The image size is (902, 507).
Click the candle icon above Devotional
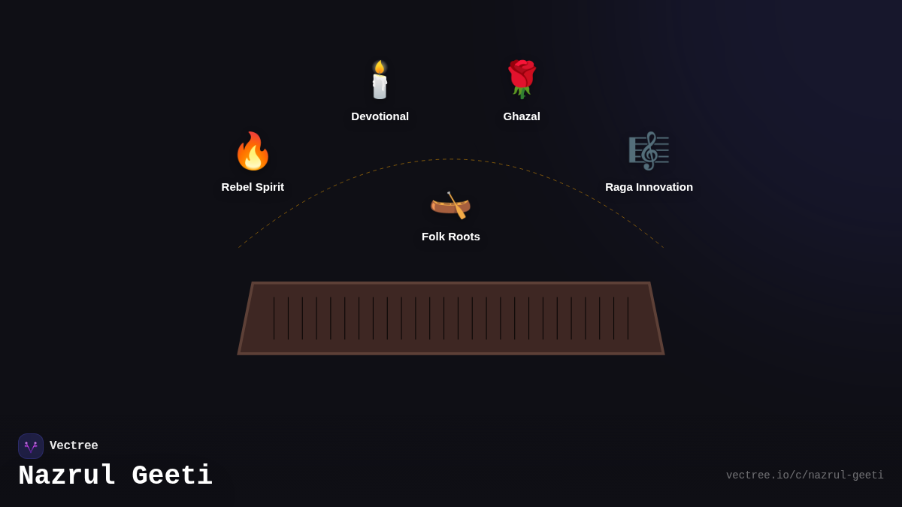tap(380, 80)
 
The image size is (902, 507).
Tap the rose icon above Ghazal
tap(522, 78)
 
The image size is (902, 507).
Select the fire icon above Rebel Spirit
tap(253, 151)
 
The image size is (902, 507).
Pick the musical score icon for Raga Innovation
tap(649, 151)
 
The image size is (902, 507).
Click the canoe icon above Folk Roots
tap(450, 204)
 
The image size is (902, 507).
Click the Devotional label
tap(380, 116)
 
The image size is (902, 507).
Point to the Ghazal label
tap(522, 116)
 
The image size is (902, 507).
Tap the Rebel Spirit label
tap(253, 187)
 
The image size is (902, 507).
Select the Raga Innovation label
tap(649, 187)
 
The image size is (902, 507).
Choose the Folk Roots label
tap(450, 237)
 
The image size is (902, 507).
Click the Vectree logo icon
tap(31, 446)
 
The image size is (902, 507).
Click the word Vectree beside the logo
tap(74, 446)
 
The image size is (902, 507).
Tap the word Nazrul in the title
tap(67, 476)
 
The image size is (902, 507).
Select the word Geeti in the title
tap(172, 476)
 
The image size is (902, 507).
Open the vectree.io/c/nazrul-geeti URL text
tap(804, 475)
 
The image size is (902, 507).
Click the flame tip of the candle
tap(380, 65)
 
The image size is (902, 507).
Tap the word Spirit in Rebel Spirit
tap(267, 187)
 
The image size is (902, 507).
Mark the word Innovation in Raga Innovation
tap(664, 187)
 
